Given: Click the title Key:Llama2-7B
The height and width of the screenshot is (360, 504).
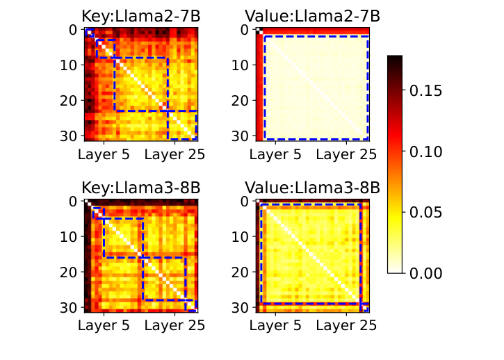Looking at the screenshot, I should [140, 16].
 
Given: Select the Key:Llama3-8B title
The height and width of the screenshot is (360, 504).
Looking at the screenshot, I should [140, 188].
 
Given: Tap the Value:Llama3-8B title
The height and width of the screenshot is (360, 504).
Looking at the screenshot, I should [311, 188].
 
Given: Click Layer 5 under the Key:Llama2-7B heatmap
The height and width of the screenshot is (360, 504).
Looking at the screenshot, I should [104, 155].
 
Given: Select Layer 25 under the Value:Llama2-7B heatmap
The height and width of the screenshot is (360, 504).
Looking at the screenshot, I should [346, 155].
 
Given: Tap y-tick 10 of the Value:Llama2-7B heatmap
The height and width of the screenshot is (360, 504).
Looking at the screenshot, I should [241, 65].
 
